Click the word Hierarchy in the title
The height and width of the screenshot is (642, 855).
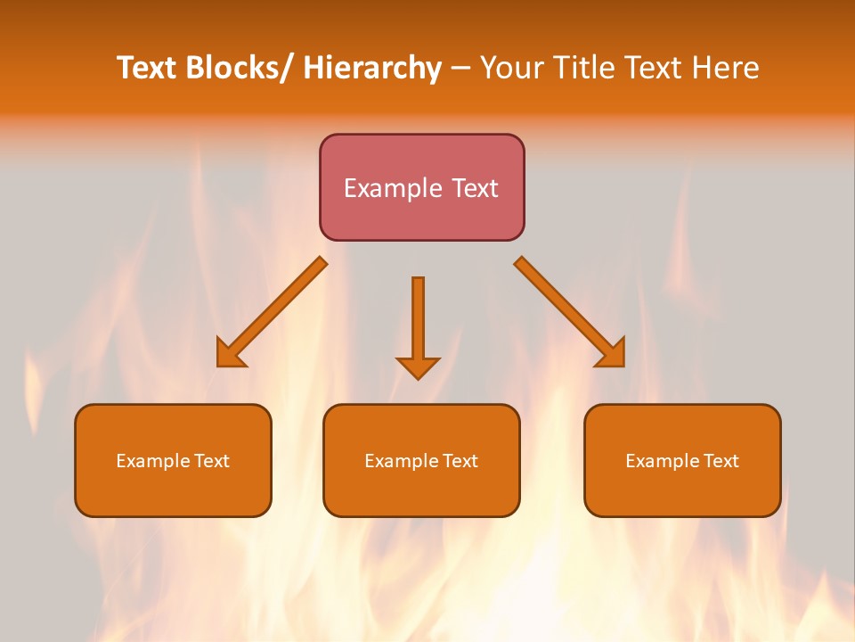[x=372, y=68]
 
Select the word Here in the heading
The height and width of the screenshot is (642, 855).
[x=724, y=68]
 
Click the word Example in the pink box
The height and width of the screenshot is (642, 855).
[x=392, y=188]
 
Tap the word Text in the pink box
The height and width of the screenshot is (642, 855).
[x=474, y=188]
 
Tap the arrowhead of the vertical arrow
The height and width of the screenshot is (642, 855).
[x=418, y=367]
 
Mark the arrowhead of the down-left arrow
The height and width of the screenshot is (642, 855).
[x=229, y=356]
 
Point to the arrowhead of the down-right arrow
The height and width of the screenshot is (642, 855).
[x=612, y=354]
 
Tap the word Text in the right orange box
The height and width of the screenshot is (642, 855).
[x=720, y=461]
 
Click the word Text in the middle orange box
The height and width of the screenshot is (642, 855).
[x=459, y=461]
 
